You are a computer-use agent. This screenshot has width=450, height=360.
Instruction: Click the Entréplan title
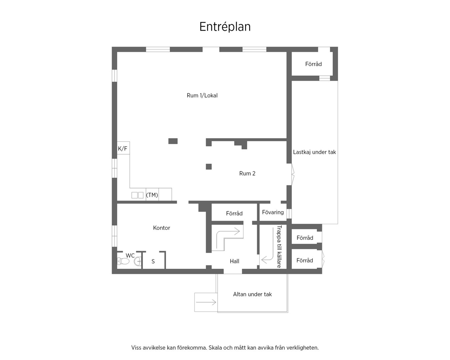coord(225,27)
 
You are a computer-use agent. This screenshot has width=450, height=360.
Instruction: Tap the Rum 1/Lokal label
coord(202,95)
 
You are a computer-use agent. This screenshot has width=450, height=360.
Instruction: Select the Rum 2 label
coord(247,173)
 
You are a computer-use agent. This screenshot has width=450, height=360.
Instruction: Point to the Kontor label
coord(161,228)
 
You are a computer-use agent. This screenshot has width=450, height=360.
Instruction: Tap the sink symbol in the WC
coord(138,261)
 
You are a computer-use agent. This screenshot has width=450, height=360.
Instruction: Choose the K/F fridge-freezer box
coord(123,148)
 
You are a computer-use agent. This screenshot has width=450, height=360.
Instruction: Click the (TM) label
coord(152,195)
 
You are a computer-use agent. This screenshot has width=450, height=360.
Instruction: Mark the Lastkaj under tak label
coord(314,152)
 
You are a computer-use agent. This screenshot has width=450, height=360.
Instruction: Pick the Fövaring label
coord(273,212)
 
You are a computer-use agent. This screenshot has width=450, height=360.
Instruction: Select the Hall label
coord(234,261)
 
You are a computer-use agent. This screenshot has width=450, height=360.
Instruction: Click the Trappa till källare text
coord(279,246)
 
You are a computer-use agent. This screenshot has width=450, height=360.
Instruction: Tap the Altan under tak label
coord(252,294)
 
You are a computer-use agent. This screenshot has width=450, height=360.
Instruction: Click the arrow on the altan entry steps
coord(206,302)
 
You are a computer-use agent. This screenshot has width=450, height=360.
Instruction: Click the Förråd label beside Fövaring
coord(234,213)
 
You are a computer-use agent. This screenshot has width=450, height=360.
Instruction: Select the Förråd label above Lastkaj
coord(313,64)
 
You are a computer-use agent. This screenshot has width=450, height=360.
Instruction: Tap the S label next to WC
coord(153,261)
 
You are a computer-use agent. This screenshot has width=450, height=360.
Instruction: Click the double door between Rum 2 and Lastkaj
coord(293,174)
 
